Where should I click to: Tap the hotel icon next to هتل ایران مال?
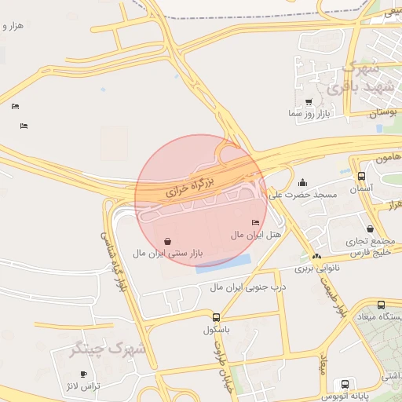tap(255, 224)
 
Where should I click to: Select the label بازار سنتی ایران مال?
tap(166, 254)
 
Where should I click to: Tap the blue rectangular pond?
tap(225, 263)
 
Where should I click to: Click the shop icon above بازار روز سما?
tap(309, 102)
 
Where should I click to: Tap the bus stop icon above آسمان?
tap(361, 177)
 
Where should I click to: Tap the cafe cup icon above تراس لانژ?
tap(84, 375)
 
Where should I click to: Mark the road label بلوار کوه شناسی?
tap(112, 259)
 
